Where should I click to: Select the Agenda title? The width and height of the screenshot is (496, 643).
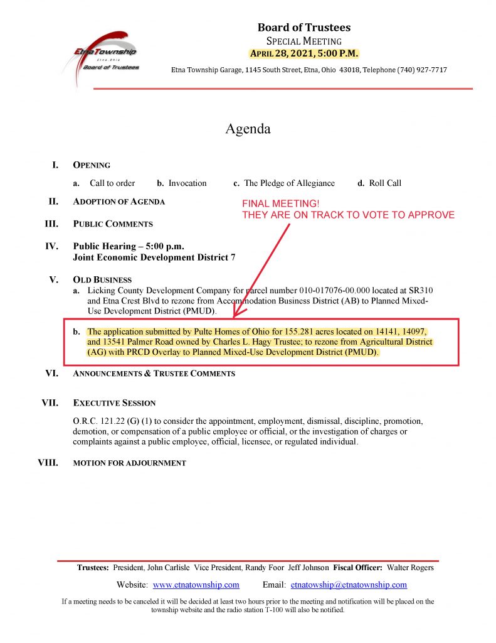[x=248, y=129]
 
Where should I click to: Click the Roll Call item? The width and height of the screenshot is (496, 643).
[x=384, y=183]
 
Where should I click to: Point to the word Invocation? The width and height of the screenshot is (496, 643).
[x=187, y=183]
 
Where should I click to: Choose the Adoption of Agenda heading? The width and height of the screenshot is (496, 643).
[x=119, y=202]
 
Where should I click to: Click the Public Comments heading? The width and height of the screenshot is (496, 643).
[x=113, y=224]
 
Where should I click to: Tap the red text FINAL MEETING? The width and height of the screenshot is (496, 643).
[x=281, y=204]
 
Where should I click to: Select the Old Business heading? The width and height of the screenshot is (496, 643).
[x=102, y=280]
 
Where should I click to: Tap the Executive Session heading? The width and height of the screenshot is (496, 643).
[x=114, y=403]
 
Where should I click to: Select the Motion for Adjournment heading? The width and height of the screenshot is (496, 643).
[x=129, y=463]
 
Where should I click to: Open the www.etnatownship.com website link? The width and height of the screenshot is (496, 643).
[x=196, y=585]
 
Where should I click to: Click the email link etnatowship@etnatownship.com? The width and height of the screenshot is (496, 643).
[x=349, y=585]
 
